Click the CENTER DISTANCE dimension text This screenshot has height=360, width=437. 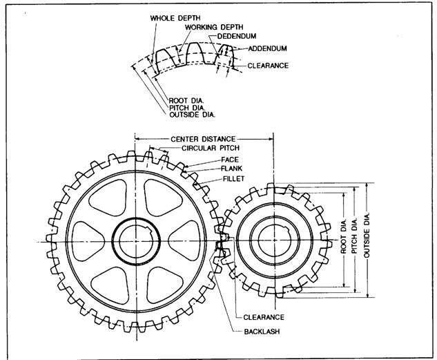tap(203, 139)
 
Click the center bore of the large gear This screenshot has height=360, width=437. tap(135, 240)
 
